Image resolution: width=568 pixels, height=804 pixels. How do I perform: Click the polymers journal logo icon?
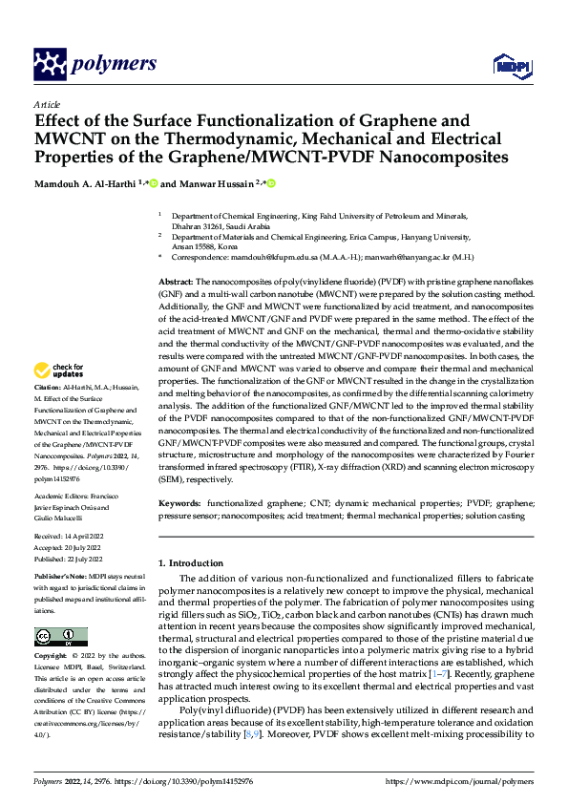pyautogui.click(x=51, y=64)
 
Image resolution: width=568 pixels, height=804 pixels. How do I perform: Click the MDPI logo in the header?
pyautogui.click(x=510, y=65)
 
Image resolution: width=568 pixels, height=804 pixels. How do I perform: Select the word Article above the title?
pyautogui.click(x=47, y=103)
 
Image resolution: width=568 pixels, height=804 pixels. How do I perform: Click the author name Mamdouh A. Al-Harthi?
pyautogui.click(x=85, y=183)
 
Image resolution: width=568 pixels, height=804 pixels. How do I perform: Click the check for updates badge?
pyautogui.click(x=58, y=370)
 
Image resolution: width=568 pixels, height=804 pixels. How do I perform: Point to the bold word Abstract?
pyautogui.click(x=175, y=284)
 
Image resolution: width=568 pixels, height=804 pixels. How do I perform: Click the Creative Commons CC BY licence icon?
pyautogui.click(x=60, y=637)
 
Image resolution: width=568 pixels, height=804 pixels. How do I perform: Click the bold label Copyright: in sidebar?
pyautogui.click(x=52, y=657)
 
